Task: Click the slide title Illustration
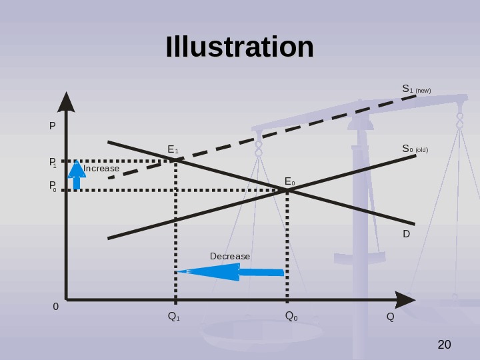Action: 240,47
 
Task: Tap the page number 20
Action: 444,345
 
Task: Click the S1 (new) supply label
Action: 416,89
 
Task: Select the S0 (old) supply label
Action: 415,149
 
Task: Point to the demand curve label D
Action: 406,235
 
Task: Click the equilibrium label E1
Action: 173,150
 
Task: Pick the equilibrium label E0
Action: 290,181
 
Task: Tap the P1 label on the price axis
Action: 53,162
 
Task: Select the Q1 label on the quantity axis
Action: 173,316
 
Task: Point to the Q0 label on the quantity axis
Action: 291,316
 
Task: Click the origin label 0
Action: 56,307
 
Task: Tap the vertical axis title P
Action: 53,125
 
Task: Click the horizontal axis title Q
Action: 391,316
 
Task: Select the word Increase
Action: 101,169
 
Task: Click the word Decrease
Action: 229,257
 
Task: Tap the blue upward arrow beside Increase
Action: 77,175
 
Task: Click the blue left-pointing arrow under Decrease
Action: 229,272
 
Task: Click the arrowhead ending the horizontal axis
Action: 404,300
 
